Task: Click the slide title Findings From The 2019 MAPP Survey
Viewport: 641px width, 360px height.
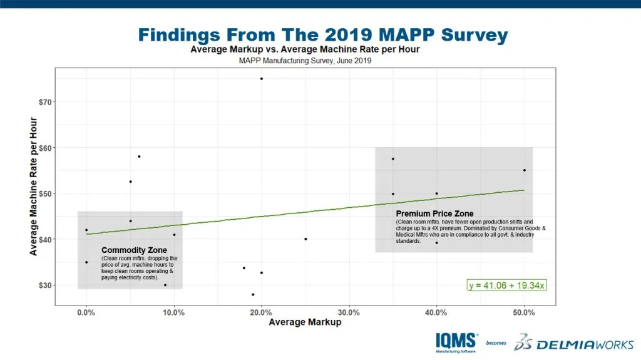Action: pyautogui.click(x=322, y=34)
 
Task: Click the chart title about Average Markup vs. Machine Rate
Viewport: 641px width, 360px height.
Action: pyautogui.click(x=305, y=49)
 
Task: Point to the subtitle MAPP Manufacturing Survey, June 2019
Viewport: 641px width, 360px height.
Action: pyautogui.click(x=305, y=61)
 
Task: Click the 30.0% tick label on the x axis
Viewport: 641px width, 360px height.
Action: pyautogui.click(x=349, y=312)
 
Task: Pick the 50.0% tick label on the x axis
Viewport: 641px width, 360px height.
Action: pyautogui.click(x=524, y=312)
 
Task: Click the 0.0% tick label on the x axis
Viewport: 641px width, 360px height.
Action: pyautogui.click(x=86, y=312)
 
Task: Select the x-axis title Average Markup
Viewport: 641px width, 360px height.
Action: pyautogui.click(x=305, y=322)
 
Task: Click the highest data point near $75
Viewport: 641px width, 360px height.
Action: pyautogui.click(x=261, y=78)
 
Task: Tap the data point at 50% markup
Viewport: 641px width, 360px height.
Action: pyautogui.click(x=524, y=170)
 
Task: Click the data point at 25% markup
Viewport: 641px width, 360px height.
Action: pyautogui.click(x=305, y=239)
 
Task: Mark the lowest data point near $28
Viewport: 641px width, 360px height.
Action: pyautogui.click(x=253, y=294)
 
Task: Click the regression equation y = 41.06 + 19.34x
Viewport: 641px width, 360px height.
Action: pyautogui.click(x=506, y=285)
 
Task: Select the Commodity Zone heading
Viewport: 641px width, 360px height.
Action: pyautogui.click(x=135, y=250)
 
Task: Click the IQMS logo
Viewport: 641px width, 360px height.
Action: pyautogui.click(x=458, y=342)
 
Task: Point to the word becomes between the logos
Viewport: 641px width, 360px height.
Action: pyautogui.click(x=496, y=343)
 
